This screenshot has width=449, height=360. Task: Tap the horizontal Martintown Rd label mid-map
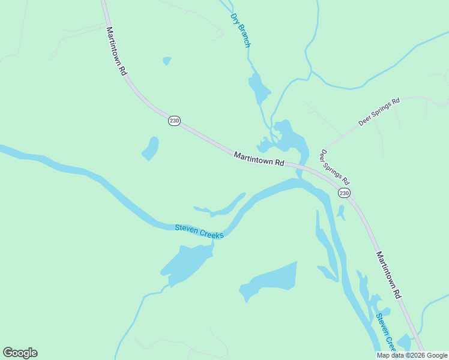(258, 159)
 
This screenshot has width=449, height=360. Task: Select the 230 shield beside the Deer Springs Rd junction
(343, 193)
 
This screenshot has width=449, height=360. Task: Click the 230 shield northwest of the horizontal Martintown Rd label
(174, 121)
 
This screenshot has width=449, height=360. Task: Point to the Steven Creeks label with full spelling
(199, 231)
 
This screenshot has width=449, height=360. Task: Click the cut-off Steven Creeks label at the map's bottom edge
(386, 332)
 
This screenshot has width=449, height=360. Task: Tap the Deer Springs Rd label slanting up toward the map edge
(379, 112)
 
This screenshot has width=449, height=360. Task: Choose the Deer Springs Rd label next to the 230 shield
(334, 167)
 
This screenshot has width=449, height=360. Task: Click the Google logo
(20, 353)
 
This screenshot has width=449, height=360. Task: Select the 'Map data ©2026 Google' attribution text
(412, 355)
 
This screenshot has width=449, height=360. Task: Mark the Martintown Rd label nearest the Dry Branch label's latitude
(116, 50)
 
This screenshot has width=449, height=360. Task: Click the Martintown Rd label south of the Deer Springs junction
(388, 275)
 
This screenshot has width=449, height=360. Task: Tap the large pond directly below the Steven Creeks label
(186, 264)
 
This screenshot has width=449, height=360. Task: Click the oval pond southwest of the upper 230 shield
(151, 148)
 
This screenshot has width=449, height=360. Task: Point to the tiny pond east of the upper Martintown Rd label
(167, 61)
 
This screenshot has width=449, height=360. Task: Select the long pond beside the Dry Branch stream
(259, 89)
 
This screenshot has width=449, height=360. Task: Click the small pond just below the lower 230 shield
(341, 212)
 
